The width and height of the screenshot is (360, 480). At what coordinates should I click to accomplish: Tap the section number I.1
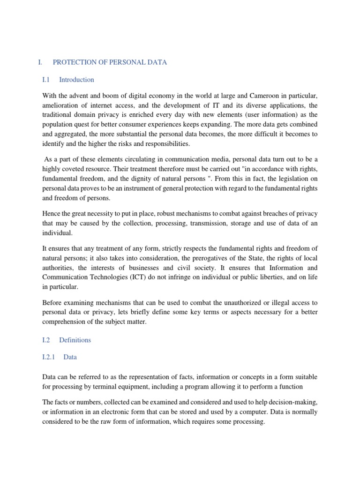click(46, 80)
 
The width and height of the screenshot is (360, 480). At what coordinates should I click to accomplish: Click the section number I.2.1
click(49, 357)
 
